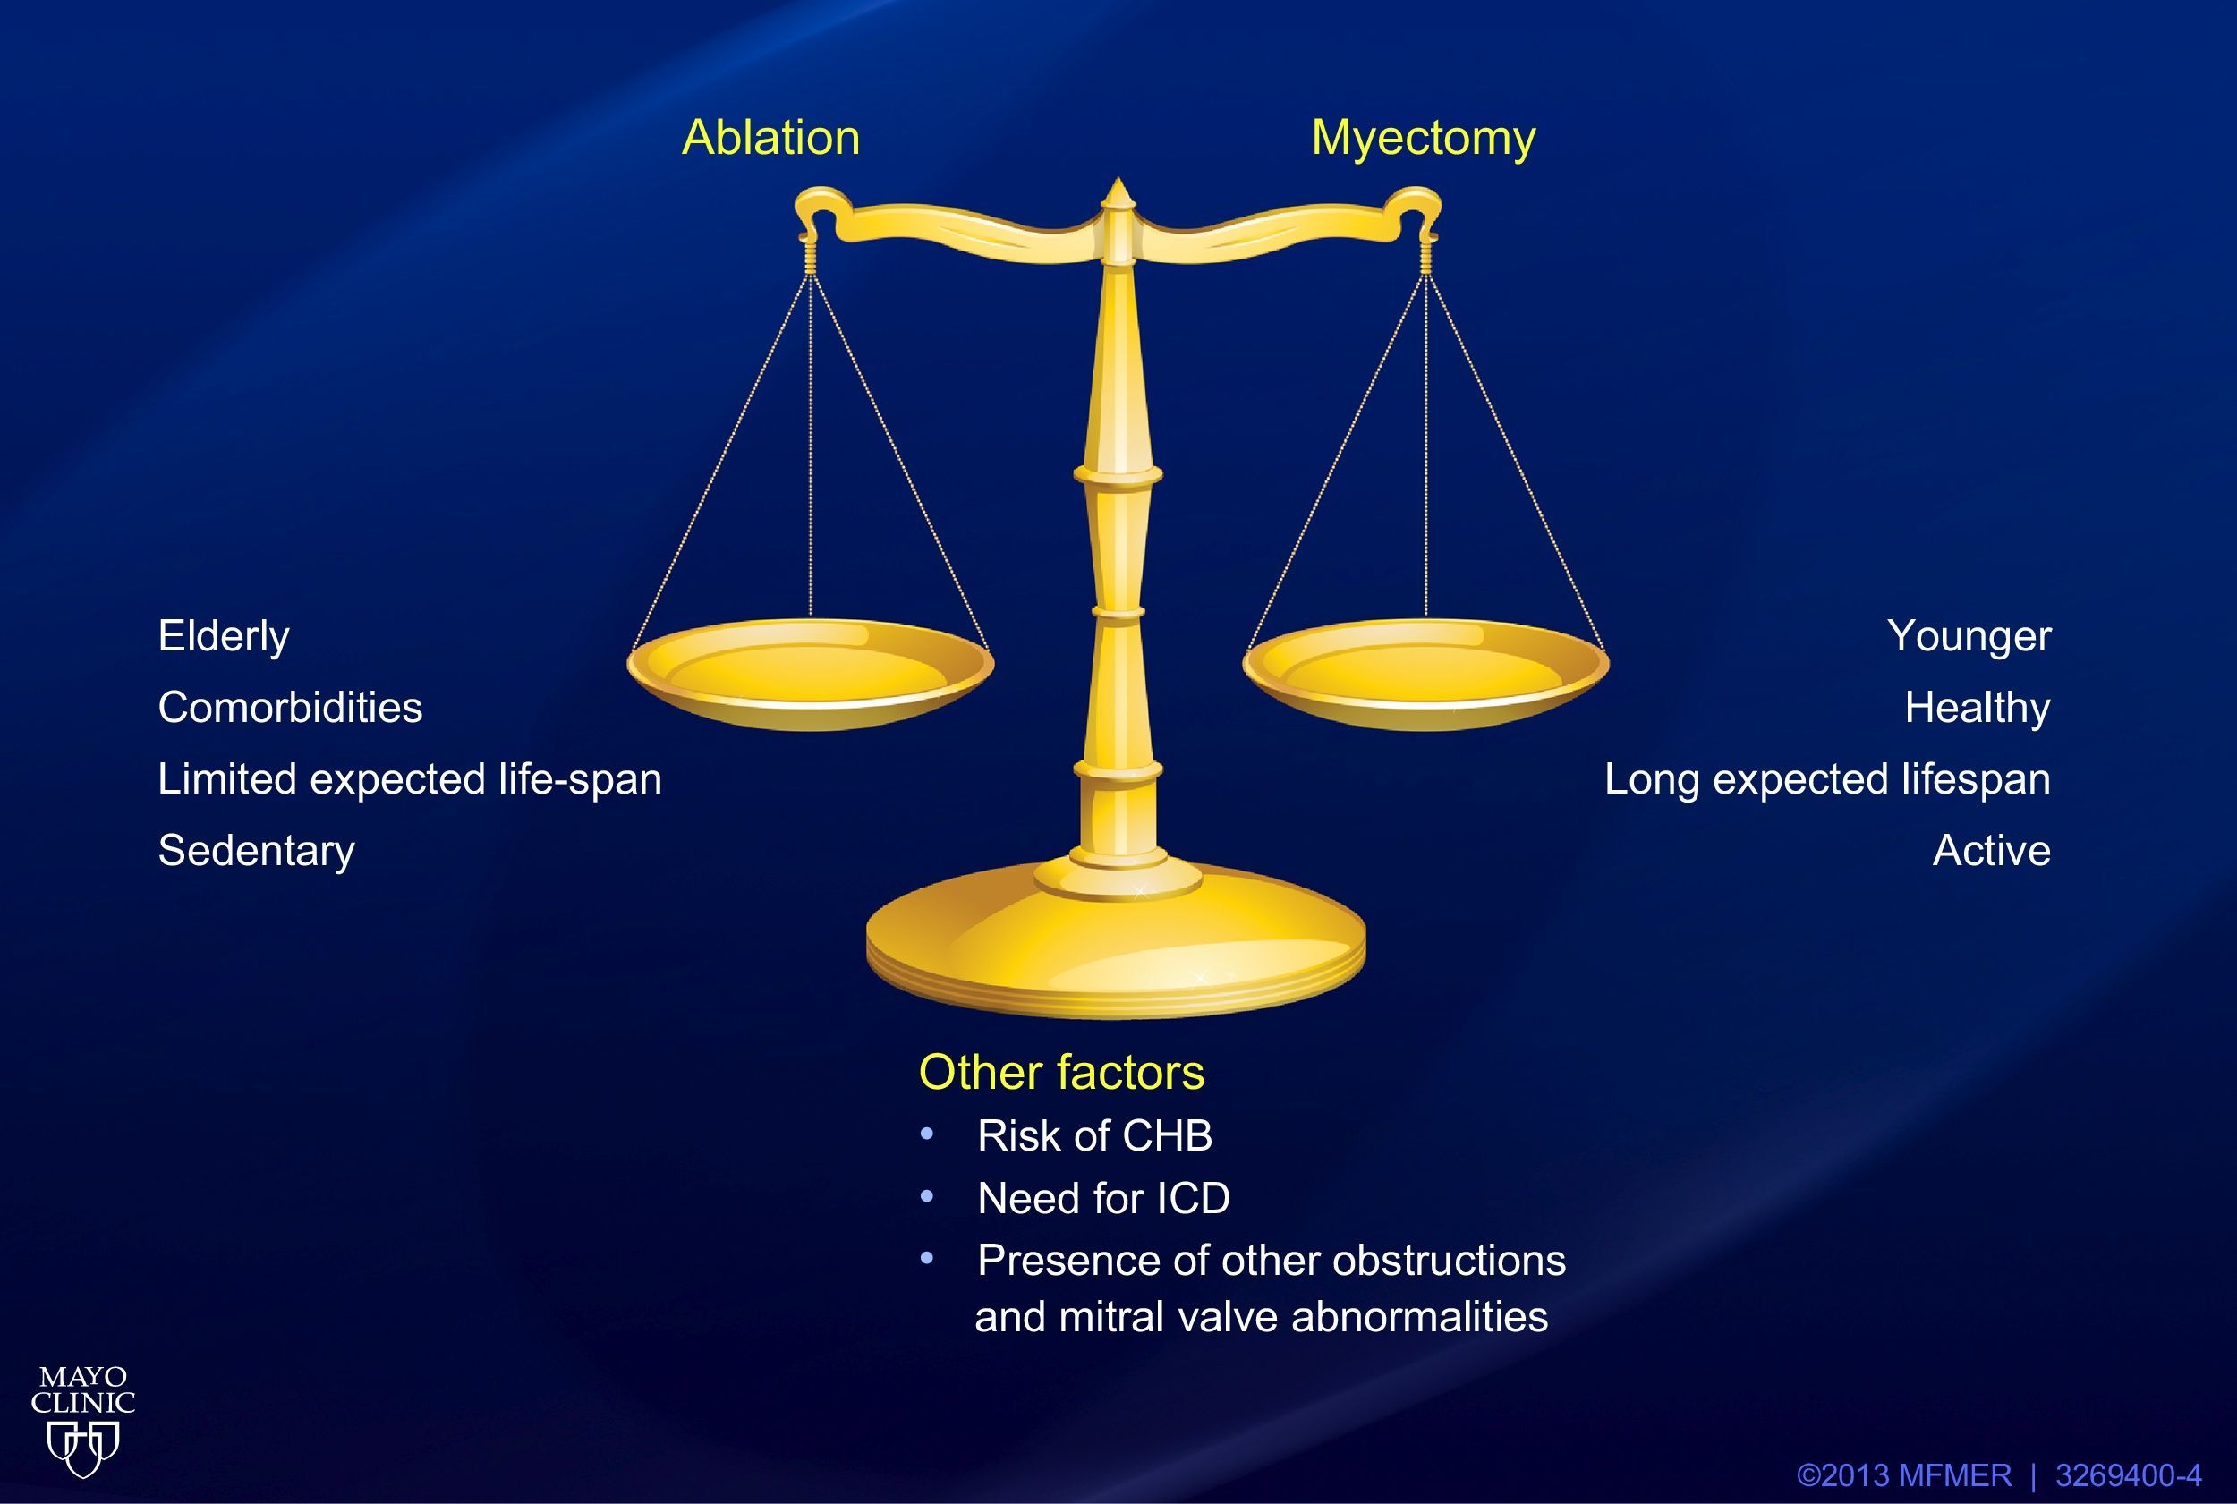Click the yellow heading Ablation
coord(770,138)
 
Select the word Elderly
coord(224,637)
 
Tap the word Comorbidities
coord(290,708)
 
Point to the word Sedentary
coord(256,852)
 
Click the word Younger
coord(1969,637)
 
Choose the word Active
coord(1992,851)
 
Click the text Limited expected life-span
coord(410,780)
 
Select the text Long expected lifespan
coord(1828,780)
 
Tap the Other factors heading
coord(1062,1073)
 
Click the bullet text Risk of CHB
coord(1094,1136)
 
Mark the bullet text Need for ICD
coord(1103,1199)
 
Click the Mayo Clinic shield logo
coord(83,1449)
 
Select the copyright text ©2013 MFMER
coord(1904,1475)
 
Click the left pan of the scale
coord(811,675)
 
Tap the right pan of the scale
coord(1425,675)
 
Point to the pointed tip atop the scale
coord(1118,179)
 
